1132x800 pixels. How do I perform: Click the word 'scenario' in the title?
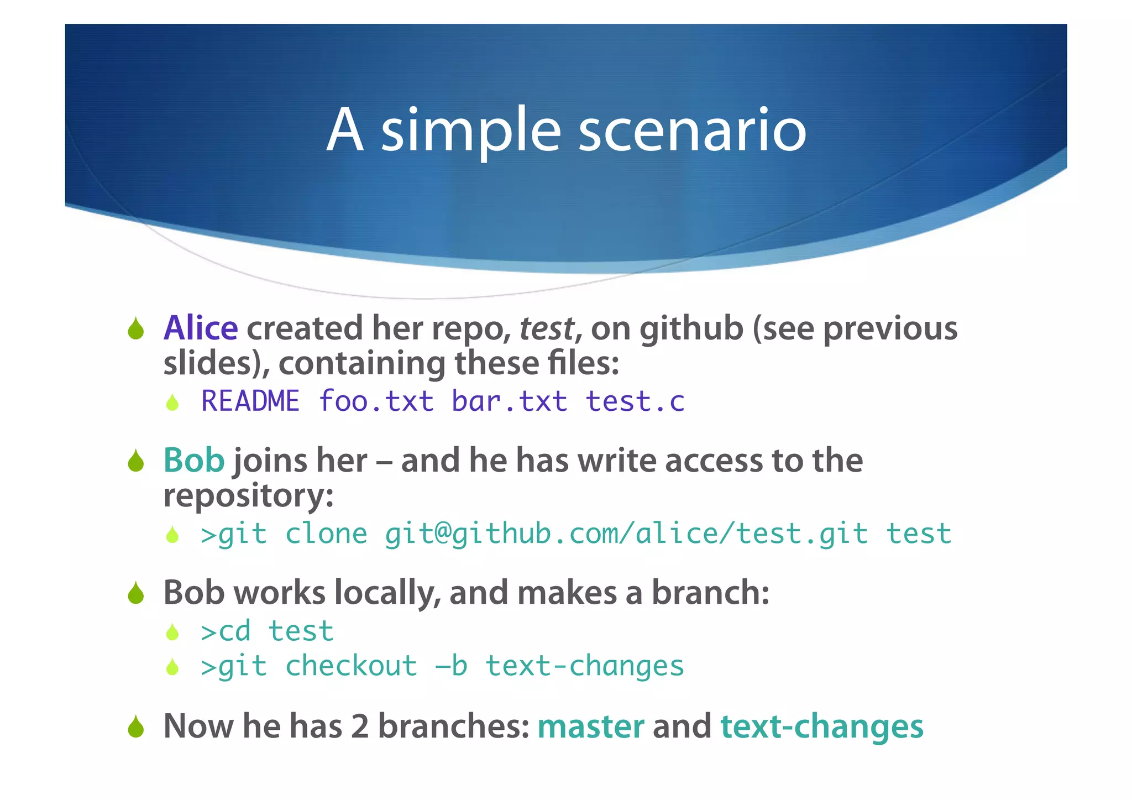coord(692,131)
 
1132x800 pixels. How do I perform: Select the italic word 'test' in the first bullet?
coord(546,329)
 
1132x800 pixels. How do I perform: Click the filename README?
coord(250,401)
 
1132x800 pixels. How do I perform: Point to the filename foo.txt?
coord(376,401)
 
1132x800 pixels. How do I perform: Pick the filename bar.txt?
coord(509,401)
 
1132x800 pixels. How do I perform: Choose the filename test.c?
coord(635,401)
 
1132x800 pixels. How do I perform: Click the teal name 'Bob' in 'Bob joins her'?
coord(193,460)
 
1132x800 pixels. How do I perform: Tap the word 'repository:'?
coord(248,495)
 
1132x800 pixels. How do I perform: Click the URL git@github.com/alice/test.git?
coord(626,535)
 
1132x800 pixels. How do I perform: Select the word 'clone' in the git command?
coord(326,534)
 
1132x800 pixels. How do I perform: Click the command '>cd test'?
coord(267,631)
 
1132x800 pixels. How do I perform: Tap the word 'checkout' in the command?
coord(351,666)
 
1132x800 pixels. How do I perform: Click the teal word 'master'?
coord(590,726)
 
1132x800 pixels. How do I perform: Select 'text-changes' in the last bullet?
coord(821,726)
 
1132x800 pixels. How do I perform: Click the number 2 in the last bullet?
coord(359,726)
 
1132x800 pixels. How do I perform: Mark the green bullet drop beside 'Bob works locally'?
coord(135,594)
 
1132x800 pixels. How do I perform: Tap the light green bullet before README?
coord(172,402)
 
